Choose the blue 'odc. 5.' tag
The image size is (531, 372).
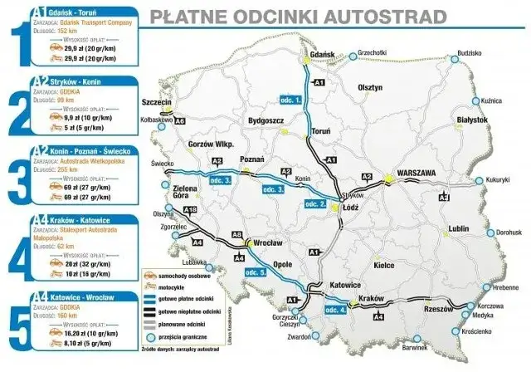251,272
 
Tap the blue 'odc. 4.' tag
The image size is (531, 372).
331,311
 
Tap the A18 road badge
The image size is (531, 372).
189,209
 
